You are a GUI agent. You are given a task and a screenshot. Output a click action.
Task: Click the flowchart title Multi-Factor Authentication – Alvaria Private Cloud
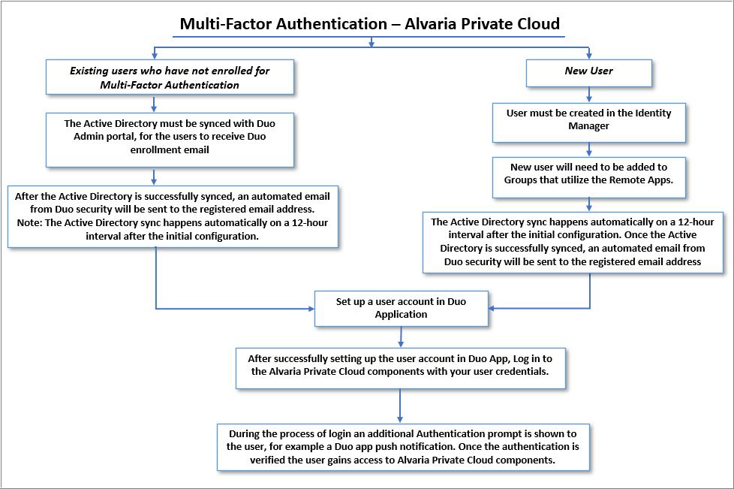369,23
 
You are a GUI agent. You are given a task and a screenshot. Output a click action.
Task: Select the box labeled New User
588,71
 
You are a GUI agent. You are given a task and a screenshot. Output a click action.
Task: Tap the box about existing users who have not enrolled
170,77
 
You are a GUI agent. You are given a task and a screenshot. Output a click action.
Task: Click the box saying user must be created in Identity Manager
588,119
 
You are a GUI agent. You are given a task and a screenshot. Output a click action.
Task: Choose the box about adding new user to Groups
588,174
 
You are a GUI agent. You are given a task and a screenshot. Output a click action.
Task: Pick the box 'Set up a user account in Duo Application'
401,308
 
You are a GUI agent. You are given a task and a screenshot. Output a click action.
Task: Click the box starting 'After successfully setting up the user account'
401,365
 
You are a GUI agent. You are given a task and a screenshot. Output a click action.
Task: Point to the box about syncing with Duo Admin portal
170,137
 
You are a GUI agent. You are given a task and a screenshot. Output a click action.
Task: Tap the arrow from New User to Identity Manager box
589,95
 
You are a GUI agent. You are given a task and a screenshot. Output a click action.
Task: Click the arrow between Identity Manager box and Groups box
589,149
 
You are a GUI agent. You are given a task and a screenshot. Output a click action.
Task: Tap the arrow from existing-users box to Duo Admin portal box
155,104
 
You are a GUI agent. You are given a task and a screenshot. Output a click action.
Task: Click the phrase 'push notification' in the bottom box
409,447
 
